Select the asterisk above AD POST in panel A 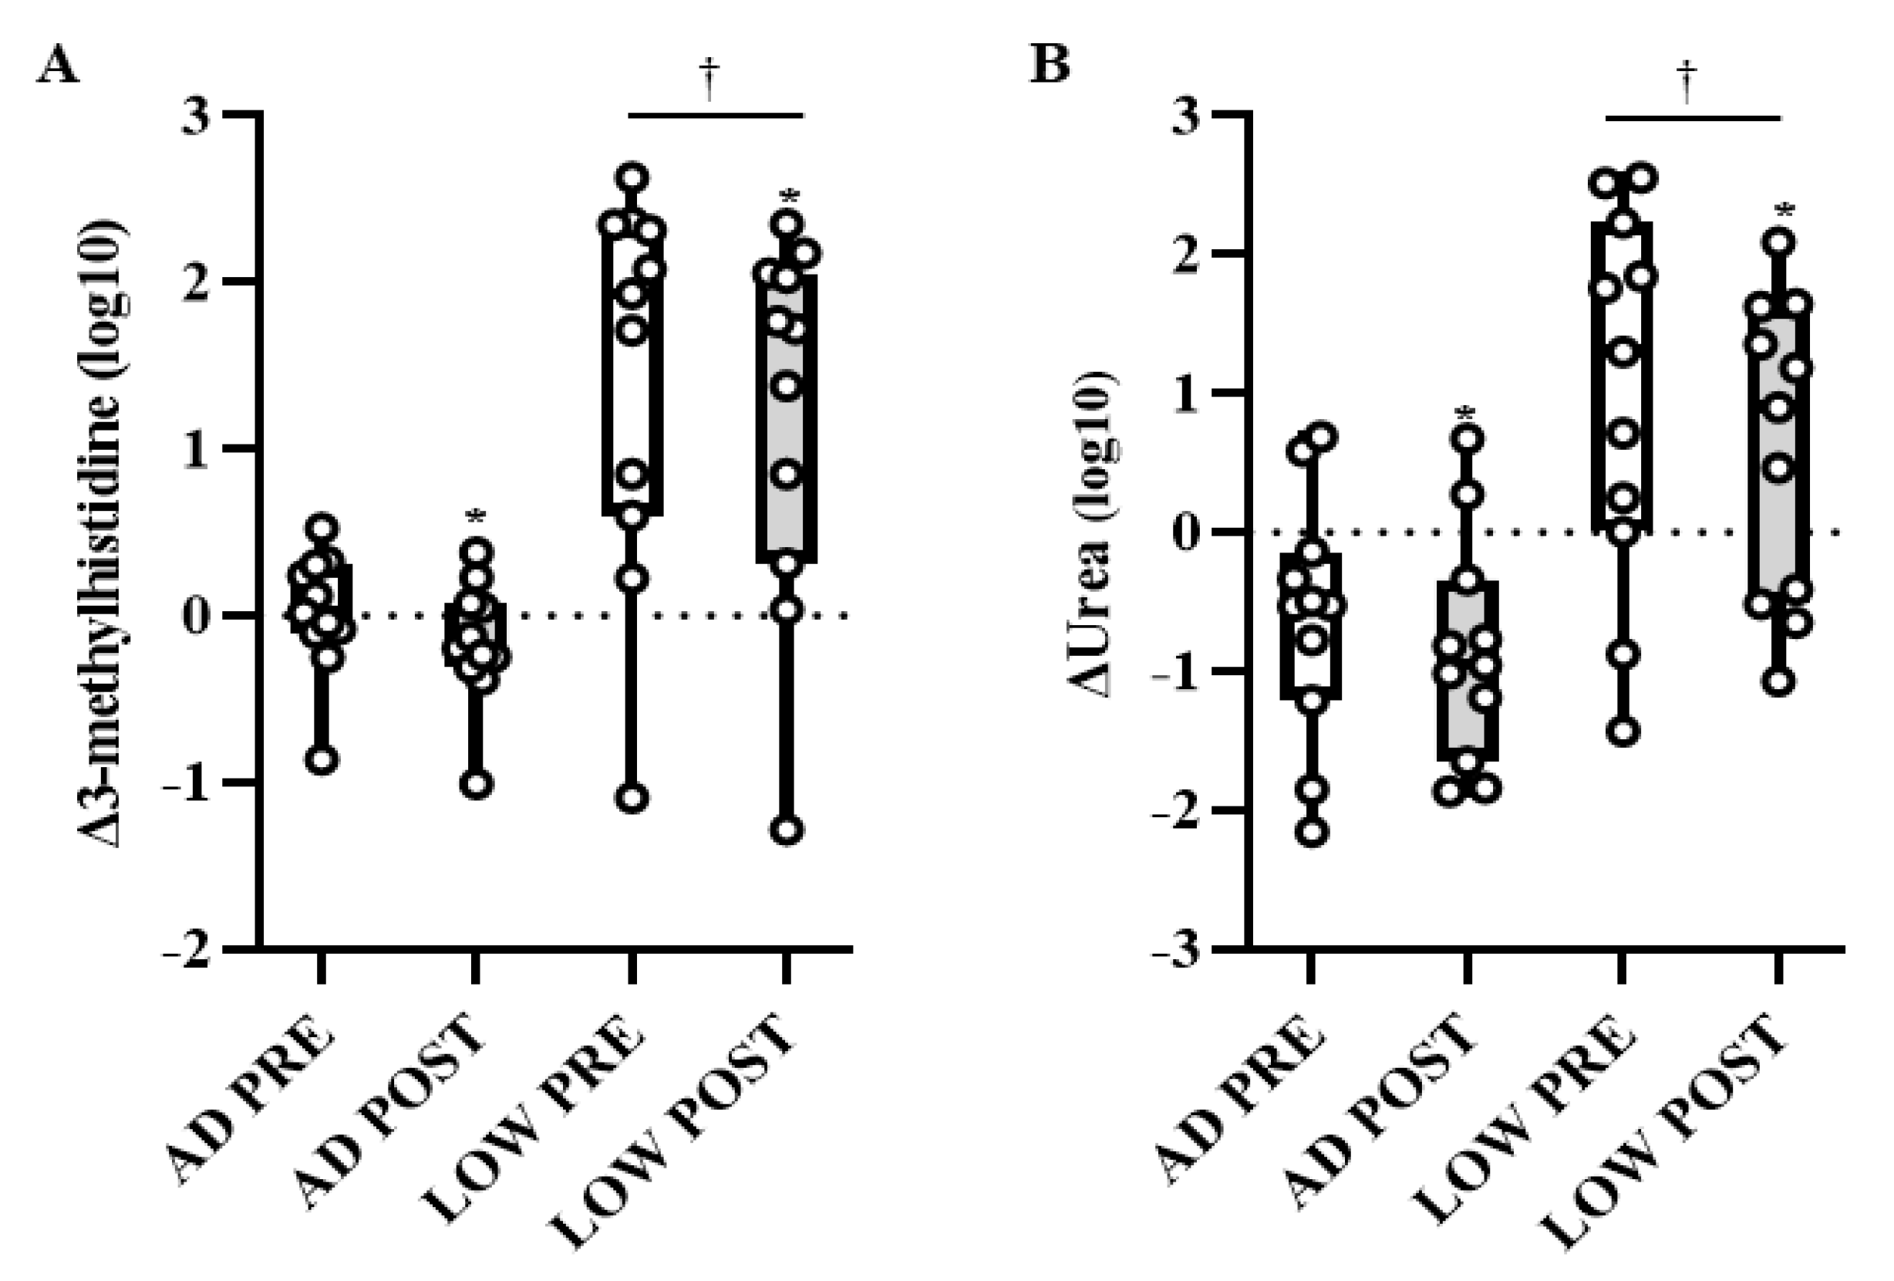476,517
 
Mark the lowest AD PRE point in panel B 1312,833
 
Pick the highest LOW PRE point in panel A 633,176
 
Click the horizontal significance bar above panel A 716,116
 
